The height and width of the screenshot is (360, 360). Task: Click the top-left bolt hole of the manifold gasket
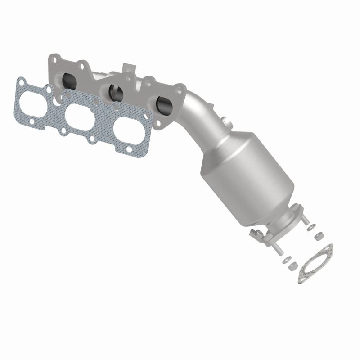coord(21,81)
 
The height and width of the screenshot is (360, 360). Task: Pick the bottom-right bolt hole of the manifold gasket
coord(129,149)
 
